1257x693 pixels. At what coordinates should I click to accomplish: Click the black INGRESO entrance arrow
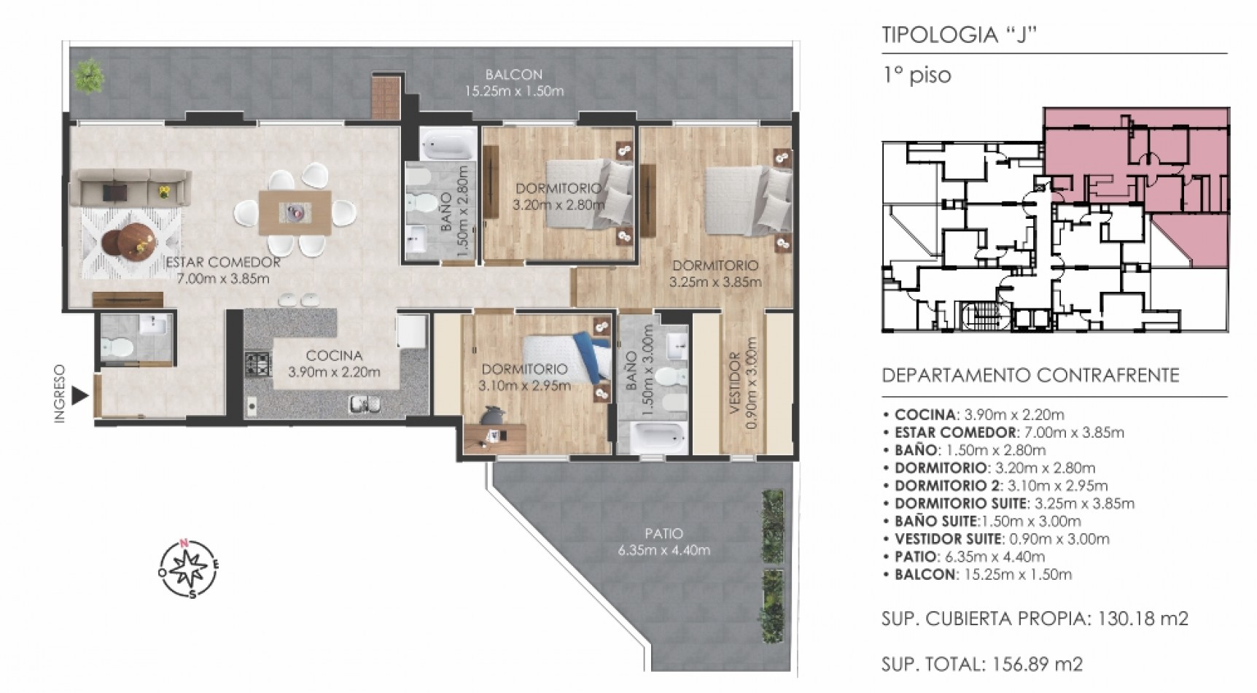[79, 396]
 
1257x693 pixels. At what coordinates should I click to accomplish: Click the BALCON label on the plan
[514, 74]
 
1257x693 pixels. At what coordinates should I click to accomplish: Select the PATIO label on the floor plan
[663, 533]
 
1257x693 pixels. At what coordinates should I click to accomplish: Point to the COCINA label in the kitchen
[334, 356]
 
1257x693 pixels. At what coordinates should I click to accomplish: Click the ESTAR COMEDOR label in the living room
[223, 263]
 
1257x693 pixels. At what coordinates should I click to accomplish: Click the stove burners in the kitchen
[257, 365]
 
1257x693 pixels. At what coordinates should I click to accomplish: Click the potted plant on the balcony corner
[90, 76]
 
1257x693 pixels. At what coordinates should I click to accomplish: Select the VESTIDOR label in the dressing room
[735, 393]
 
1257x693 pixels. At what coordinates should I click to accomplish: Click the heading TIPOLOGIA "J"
[959, 35]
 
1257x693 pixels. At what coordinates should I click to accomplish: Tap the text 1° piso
[917, 76]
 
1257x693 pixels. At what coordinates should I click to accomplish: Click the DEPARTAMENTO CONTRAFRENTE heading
[1030, 376]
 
